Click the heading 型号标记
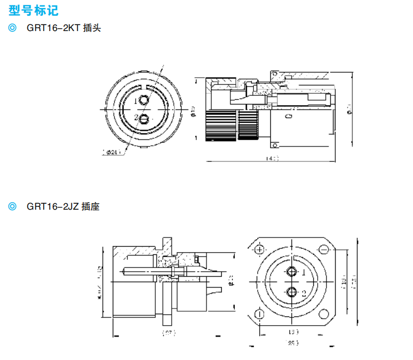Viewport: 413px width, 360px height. [x=32, y=9]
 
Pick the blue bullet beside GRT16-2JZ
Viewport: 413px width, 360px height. [x=13, y=206]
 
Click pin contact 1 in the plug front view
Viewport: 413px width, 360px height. [x=144, y=101]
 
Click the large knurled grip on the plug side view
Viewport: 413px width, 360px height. [x=221, y=125]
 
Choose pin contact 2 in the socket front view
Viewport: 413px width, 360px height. [x=292, y=292]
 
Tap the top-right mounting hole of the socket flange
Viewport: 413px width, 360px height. [x=325, y=250]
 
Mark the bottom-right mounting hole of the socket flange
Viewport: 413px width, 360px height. [x=325, y=314]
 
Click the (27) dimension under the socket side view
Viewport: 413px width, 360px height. [x=167, y=331]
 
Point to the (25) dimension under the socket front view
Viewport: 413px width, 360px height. [x=293, y=343]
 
